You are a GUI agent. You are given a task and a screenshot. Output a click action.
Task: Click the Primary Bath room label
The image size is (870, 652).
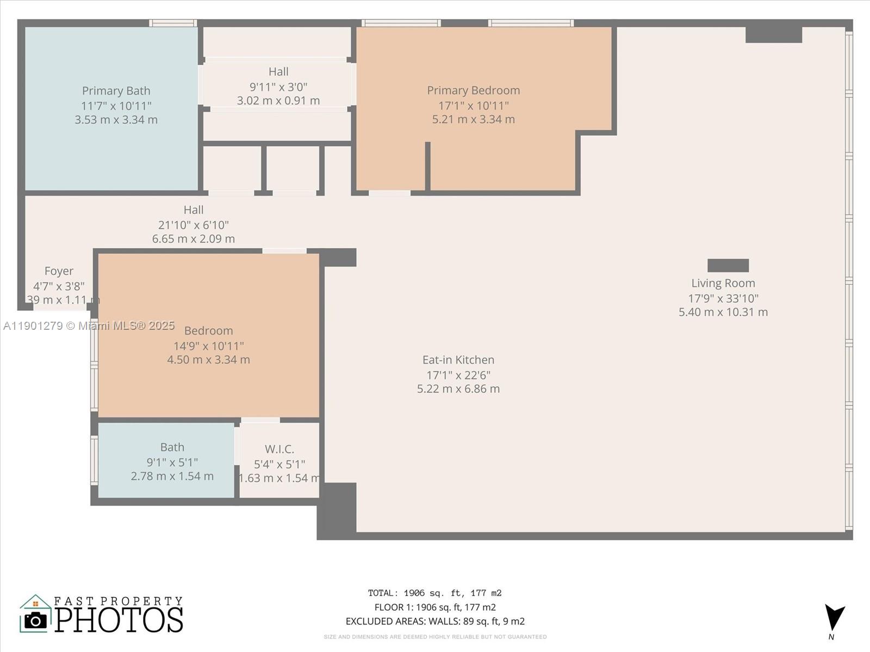(x=116, y=91)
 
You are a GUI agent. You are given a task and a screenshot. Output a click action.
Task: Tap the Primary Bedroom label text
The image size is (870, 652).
(x=473, y=90)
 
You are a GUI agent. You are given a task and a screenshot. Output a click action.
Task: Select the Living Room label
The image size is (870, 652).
(x=723, y=283)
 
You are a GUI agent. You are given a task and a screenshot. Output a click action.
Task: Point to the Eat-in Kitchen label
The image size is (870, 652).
(x=458, y=360)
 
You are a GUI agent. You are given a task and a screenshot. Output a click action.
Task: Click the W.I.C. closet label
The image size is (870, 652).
(x=279, y=449)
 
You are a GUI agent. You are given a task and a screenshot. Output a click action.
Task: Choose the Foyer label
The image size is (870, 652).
(x=59, y=271)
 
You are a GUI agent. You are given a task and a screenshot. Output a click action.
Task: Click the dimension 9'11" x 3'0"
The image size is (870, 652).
(x=278, y=86)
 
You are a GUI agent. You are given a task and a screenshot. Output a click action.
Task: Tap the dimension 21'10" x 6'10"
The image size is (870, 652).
(x=193, y=224)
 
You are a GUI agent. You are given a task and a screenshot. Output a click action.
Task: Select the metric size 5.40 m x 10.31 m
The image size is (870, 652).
(x=723, y=312)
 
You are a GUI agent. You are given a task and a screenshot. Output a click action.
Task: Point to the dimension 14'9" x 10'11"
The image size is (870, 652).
(x=208, y=346)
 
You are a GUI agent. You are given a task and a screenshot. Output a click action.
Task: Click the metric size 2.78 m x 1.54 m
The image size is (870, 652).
(x=172, y=476)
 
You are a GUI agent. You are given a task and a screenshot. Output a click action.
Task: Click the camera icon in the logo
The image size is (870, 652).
(x=36, y=620)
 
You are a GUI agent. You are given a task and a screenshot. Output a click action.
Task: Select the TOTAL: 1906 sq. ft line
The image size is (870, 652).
(x=434, y=593)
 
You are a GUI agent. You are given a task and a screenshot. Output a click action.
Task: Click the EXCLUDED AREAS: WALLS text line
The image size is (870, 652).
(x=434, y=621)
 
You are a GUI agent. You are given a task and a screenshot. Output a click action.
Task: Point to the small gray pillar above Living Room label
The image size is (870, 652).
(x=728, y=265)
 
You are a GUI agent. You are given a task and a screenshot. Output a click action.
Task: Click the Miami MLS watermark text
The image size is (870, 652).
(x=89, y=325)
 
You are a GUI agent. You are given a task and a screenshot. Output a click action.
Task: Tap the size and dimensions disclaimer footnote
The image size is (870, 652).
(x=434, y=637)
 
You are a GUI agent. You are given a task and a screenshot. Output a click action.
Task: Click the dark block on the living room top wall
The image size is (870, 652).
(x=773, y=34)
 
